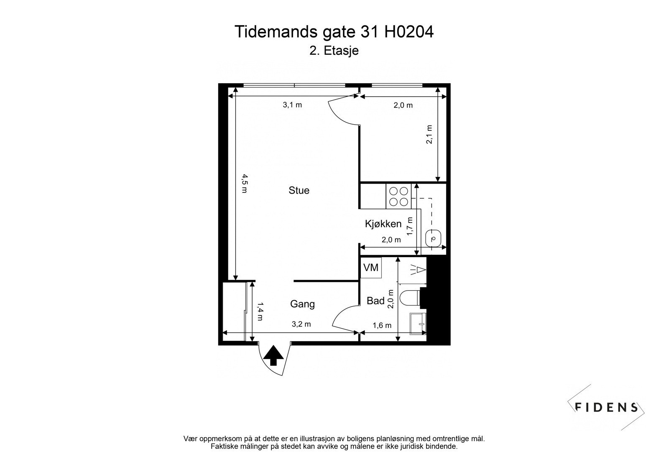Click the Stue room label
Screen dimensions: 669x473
click(299, 190)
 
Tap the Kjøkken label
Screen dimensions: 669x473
click(383, 224)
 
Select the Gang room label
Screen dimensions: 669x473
click(302, 304)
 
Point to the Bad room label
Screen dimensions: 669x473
click(375, 301)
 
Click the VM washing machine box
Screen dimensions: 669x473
click(370, 267)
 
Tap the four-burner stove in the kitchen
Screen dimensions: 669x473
click(399, 196)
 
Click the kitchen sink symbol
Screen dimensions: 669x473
click(433, 238)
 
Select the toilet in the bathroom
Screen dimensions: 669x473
click(410, 298)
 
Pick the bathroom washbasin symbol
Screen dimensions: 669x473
click(418, 324)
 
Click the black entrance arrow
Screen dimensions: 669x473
click(273, 355)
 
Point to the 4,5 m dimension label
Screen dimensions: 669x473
click(245, 184)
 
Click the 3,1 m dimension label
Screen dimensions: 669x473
click(292, 105)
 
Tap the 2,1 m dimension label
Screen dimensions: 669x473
click(429, 135)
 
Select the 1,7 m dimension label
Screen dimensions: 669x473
click(410, 226)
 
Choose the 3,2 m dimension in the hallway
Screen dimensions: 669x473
click(301, 324)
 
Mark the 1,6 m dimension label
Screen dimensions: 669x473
click(382, 325)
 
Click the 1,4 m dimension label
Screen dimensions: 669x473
click(260, 311)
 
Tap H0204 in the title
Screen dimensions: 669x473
click(409, 32)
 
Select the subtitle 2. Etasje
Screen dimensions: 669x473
click(334, 51)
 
